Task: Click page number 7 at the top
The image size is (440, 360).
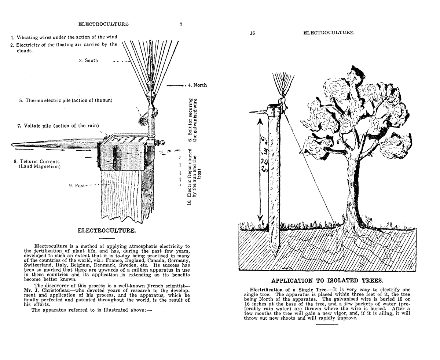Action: pos(181,25)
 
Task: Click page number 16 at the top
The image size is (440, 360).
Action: pos(252,33)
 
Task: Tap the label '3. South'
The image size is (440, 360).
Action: pos(89,60)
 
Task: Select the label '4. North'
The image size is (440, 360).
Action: pos(198,85)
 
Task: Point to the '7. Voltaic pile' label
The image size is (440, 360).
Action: pos(58,126)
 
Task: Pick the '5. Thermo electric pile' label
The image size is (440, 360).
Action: pos(66,100)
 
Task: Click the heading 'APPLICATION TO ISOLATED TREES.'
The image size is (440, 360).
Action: pos(327,281)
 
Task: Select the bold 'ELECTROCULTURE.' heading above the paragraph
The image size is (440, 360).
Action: pos(107,231)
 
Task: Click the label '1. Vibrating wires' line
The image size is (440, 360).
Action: pos(64,37)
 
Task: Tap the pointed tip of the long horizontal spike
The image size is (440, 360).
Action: pos(14,144)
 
